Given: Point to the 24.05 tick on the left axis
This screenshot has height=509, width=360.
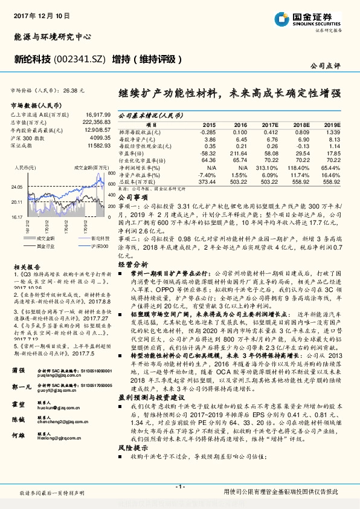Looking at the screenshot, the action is [x=18, y=187].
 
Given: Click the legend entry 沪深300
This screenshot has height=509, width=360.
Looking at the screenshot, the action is [x=96, y=246].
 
